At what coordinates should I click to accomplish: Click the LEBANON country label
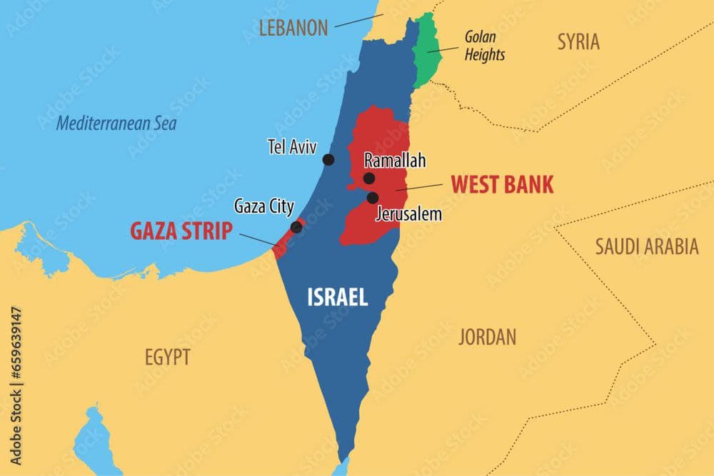tap(293, 29)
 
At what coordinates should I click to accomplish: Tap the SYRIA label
tap(578, 41)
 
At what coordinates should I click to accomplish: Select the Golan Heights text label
tap(485, 45)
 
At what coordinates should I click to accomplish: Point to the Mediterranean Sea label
tap(116, 123)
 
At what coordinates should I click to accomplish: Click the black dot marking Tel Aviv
tap(328, 159)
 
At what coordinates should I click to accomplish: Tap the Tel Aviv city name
tap(292, 147)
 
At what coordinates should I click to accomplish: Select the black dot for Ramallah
tap(369, 178)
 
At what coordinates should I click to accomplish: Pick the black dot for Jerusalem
tap(373, 198)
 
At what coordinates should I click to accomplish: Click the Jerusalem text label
tap(408, 213)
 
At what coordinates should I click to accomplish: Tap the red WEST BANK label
tap(502, 185)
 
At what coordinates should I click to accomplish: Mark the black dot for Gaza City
tap(296, 227)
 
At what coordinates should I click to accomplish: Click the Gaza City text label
tap(263, 207)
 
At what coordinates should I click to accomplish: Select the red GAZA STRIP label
tap(181, 231)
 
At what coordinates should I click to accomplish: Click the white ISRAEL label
tap(338, 297)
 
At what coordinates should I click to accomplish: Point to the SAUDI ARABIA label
tap(647, 247)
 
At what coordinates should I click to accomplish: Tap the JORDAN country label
tap(487, 337)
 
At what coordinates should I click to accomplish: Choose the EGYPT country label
tap(168, 357)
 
